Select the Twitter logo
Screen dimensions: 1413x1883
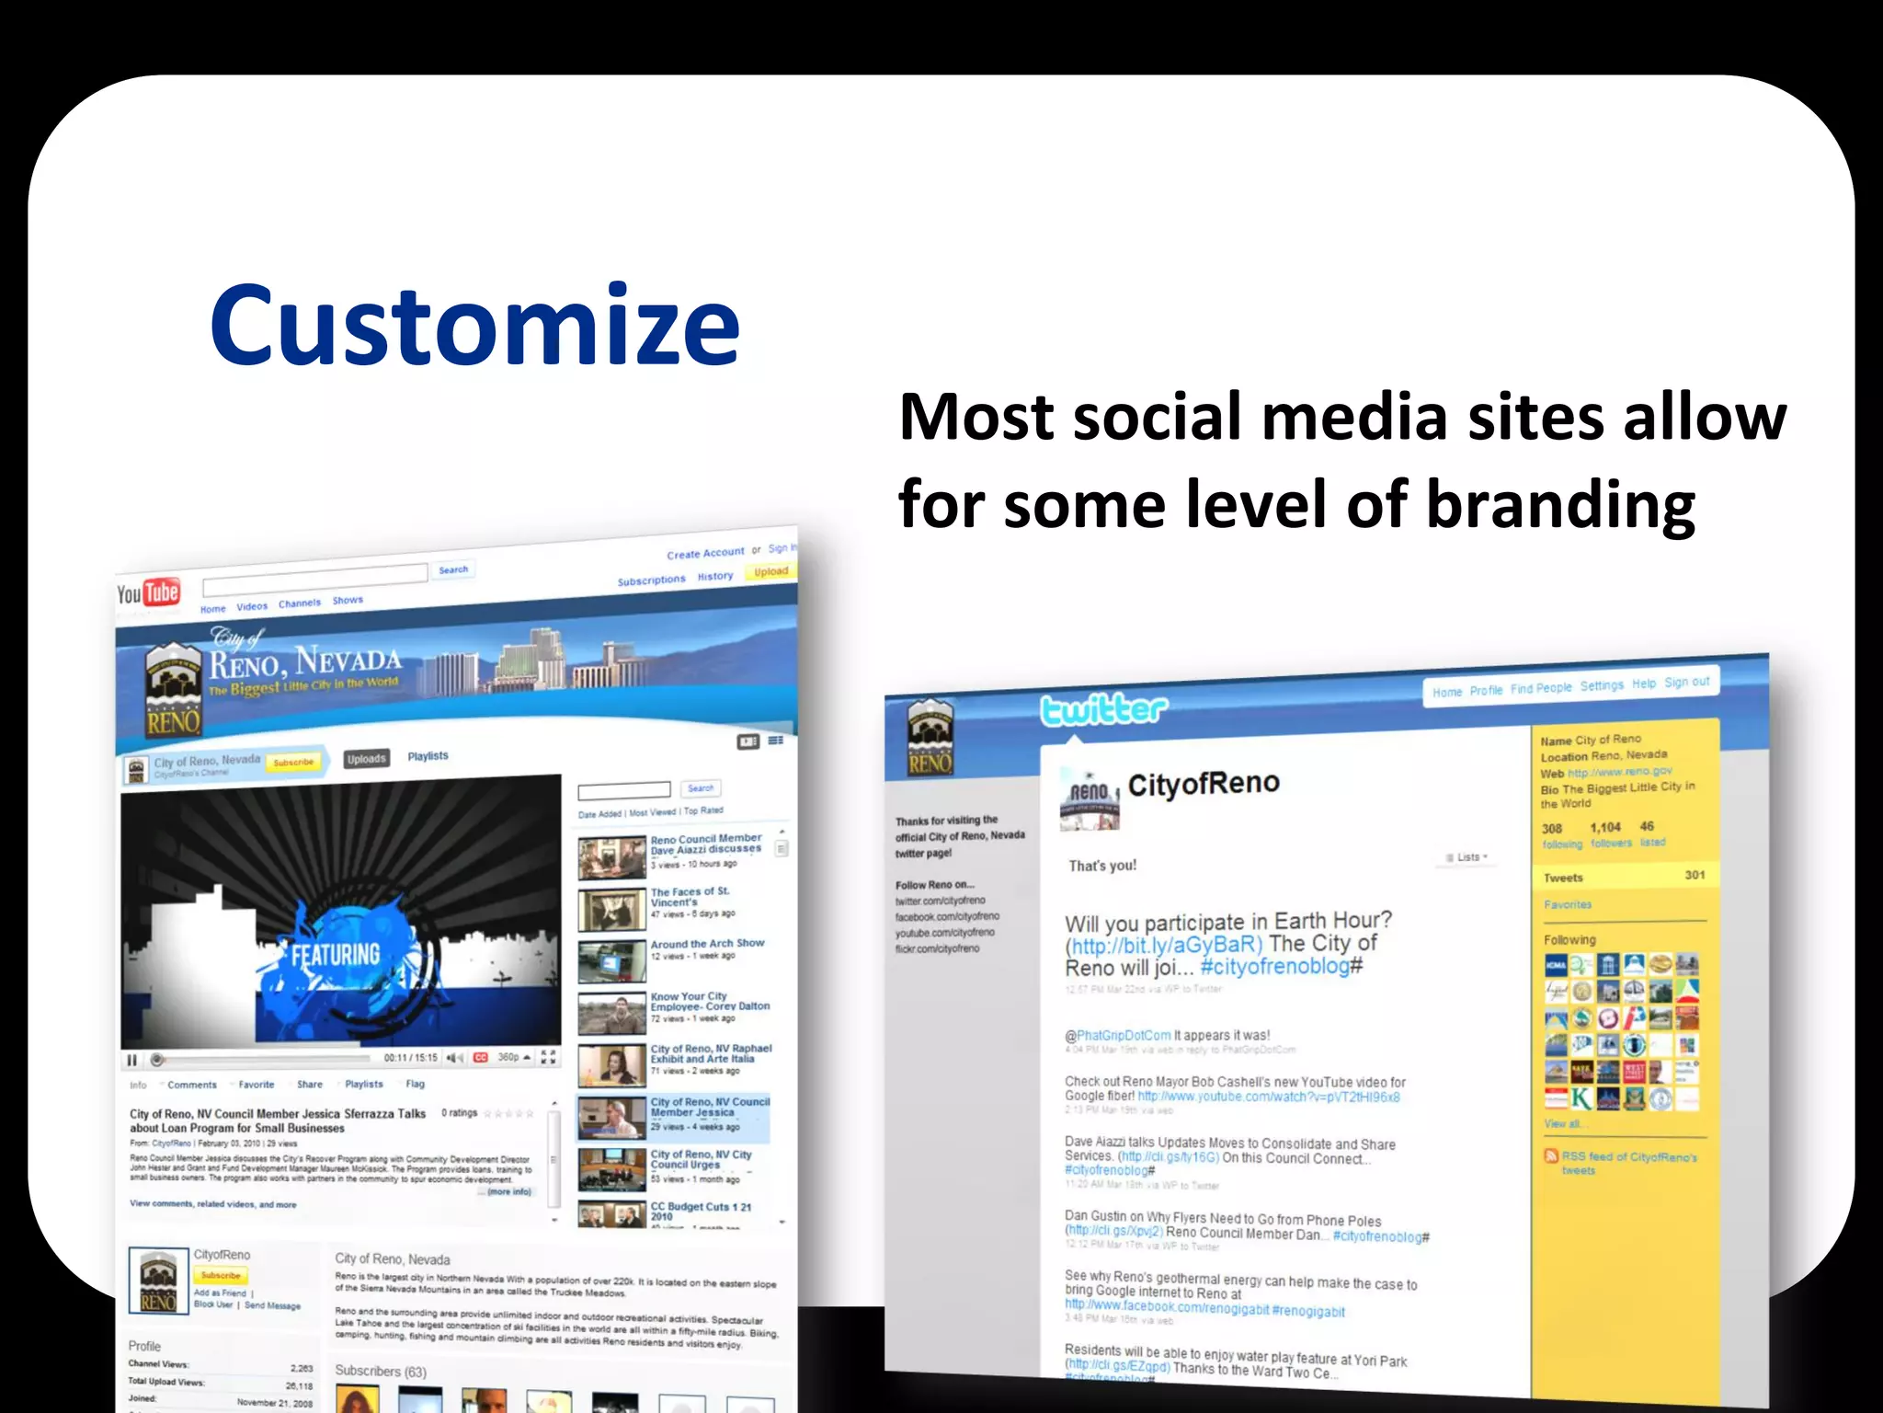tap(1103, 710)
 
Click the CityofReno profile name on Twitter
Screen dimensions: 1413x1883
tap(1203, 784)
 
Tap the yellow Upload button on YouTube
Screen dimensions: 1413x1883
tap(770, 571)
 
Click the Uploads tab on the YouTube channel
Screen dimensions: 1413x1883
tap(367, 759)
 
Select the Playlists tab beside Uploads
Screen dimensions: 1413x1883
tap(428, 756)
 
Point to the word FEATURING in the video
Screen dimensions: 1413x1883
tap(336, 955)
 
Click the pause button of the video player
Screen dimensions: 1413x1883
tap(132, 1060)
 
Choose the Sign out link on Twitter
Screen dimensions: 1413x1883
tap(1686, 683)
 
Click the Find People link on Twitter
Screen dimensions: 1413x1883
tap(1541, 688)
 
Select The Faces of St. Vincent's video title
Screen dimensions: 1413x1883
tap(690, 897)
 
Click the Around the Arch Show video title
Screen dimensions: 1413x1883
tap(707, 944)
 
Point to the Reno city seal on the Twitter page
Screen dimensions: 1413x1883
tap(930, 736)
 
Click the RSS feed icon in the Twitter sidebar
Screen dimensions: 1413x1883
tap(1551, 1156)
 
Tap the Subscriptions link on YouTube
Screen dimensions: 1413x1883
tap(651, 580)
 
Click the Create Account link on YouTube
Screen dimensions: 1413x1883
tap(705, 553)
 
